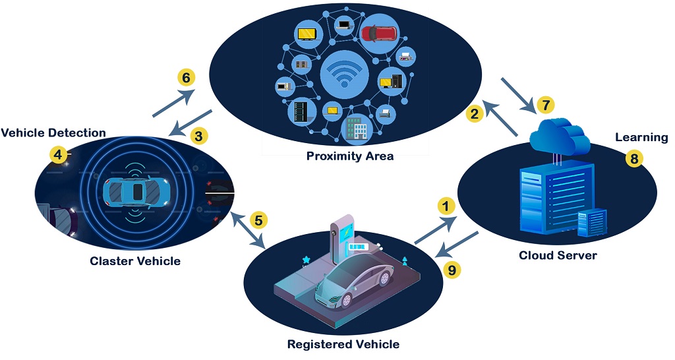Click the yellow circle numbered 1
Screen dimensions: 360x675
448,206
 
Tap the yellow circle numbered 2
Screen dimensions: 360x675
473,114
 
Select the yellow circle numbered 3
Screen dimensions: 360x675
199,136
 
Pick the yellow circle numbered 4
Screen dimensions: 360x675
58,155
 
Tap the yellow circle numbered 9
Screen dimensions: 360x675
450,269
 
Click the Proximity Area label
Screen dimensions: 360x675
350,156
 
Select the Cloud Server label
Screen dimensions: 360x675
558,255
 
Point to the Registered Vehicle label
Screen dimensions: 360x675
343,344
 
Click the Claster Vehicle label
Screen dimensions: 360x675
135,261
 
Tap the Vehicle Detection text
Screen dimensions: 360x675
53,133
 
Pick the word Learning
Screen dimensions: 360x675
641,138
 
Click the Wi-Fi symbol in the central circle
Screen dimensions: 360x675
343,74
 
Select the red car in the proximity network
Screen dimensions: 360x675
379,33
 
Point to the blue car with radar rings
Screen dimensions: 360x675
136,191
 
